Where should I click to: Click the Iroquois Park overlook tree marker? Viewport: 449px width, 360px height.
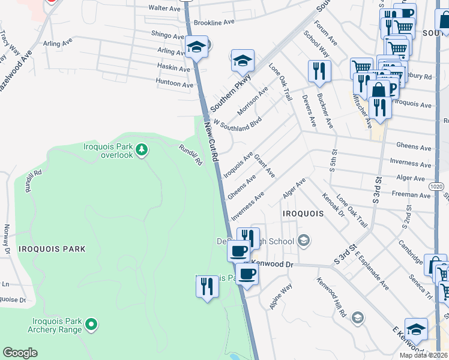(x=142, y=148)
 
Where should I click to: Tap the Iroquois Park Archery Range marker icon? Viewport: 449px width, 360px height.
(x=91, y=325)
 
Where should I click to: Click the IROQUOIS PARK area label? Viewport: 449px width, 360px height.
(x=52, y=248)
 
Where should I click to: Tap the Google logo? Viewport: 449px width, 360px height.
(x=20, y=353)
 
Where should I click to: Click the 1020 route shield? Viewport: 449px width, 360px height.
(x=436, y=187)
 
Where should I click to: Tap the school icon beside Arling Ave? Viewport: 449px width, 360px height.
(x=196, y=47)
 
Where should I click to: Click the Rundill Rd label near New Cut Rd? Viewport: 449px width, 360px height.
(x=190, y=155)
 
